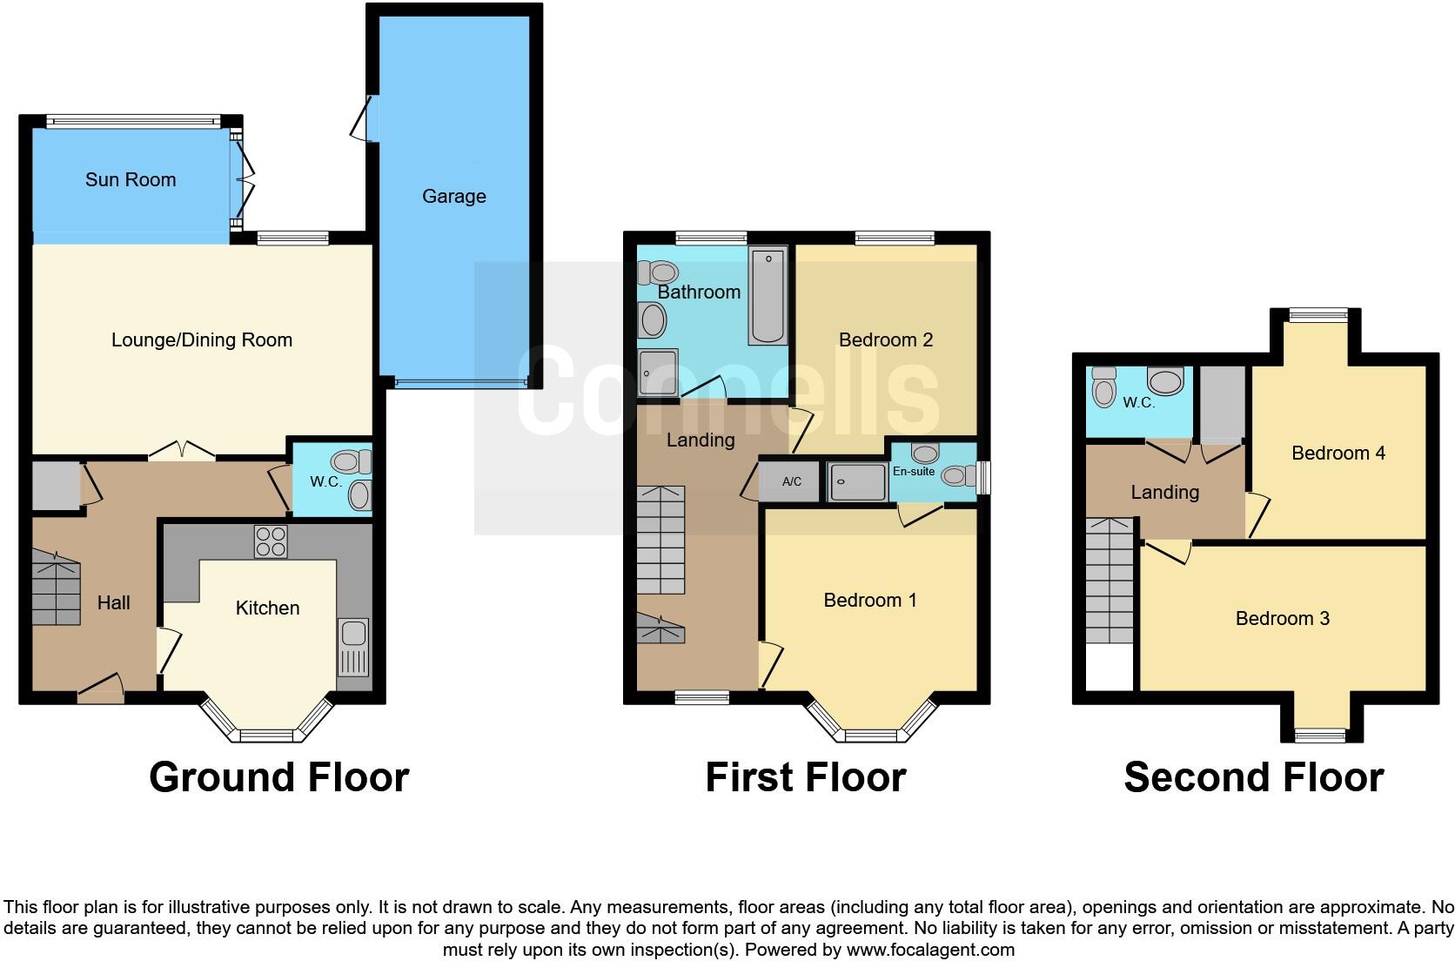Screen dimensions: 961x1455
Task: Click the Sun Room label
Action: click(131, 180)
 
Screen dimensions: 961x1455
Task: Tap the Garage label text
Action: click(453, 197)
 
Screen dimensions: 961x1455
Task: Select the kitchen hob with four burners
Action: click(270, 541)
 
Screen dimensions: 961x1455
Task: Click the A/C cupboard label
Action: click(791, 481)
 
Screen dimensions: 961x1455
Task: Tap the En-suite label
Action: click(914, 472)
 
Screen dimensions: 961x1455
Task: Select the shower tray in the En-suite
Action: click(857, 481)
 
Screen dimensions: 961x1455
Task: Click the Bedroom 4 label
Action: click(1338, 454)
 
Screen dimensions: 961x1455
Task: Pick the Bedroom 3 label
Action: click(1282, 619)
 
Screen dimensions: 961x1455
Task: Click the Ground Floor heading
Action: click(278, 777)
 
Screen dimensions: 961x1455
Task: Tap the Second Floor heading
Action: click(1253, 777)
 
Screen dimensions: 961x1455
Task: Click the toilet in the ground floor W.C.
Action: click(352, 461)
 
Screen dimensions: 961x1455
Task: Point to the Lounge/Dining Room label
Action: click(202, 340)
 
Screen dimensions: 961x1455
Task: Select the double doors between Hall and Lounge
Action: click(181, 451)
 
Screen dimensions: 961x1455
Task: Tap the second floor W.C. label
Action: click(1138, 403)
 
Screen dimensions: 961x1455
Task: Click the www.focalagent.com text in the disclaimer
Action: click(930, 950)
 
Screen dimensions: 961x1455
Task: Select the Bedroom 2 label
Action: click(885, 340)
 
